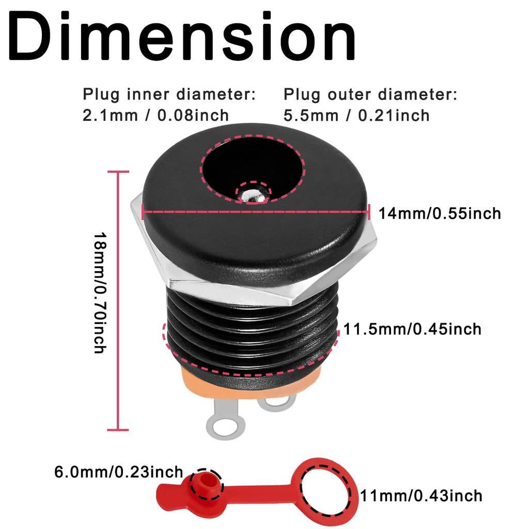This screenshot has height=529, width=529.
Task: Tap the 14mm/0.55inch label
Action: coord(440,213)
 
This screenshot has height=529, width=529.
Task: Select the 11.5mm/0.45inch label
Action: coord(412,329)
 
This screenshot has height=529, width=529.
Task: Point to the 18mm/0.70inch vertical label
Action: coord(100,292)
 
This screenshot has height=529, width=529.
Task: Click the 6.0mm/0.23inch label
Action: coord(119,472)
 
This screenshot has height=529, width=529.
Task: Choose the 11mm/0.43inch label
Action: coord(422,496)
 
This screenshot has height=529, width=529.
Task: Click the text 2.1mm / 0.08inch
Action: coord(155,115)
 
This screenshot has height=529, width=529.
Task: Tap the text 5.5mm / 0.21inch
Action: coord(356,116)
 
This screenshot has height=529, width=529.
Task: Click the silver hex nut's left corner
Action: coord(132,204)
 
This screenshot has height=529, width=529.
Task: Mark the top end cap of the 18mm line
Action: coord(118,172)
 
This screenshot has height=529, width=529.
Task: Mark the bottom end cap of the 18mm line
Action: coord(118,430)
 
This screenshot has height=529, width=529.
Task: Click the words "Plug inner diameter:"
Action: coord(169,95)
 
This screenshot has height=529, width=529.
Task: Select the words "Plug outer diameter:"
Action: coord(370,95)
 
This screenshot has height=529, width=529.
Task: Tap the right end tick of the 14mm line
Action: coord(369,212)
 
